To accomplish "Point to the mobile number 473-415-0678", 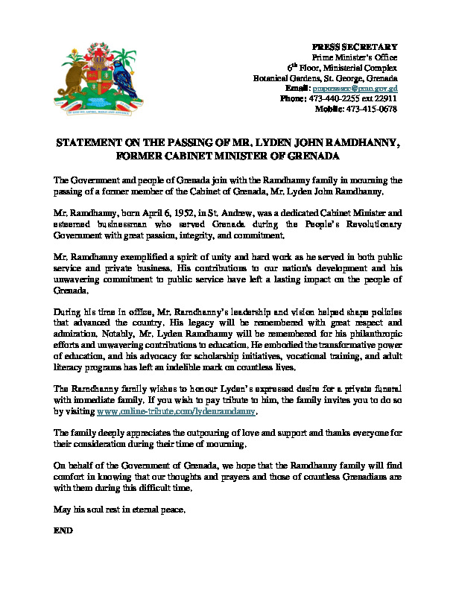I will (x=372, y=109).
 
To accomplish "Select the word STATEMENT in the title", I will (x=89, y=142).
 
